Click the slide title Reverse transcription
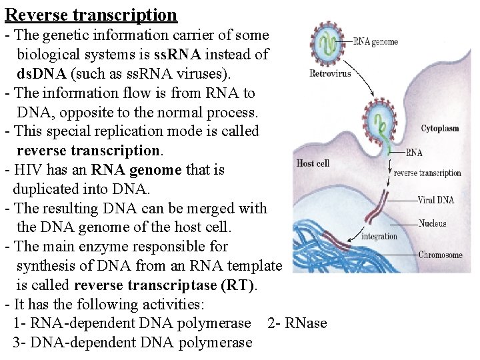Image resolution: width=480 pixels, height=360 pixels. [91, 15]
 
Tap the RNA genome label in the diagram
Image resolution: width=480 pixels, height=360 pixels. [375, 42]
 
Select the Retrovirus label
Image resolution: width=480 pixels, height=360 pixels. [330, 73]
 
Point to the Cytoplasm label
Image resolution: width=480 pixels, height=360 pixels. [440, 129]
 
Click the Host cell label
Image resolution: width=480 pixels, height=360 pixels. [313, 163]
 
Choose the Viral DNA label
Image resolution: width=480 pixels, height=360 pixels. [435, 199]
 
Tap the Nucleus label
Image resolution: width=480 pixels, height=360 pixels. [432, 223]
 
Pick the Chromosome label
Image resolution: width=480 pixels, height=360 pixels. [440, 255]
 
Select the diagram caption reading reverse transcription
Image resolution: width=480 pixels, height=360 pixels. [427, 173]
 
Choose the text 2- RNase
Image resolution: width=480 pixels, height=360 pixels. [297, 323]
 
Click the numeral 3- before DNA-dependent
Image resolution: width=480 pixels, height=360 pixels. [19, 343]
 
